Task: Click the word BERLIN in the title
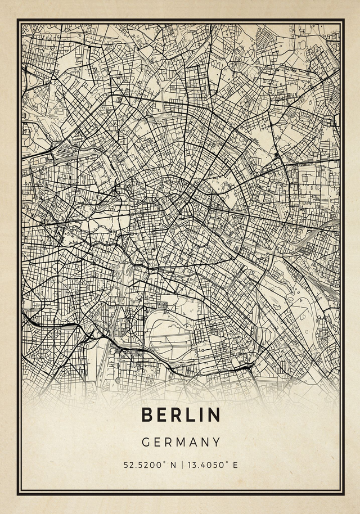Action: pyautogui.click(x=181, y=414)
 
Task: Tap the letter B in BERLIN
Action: pyautogui.click(x=147, y=414)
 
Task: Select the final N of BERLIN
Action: pyautogui.click(x=214, y=414)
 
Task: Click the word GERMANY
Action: pyautogui.click(x=181, y=443)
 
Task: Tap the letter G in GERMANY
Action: pyautogui.click(x=145, y=443)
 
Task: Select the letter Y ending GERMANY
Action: pyautogui.click(x=216, y=443)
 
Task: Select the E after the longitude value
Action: pyautogui.click(x=235, y=465)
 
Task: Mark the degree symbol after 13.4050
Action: pyautogui.click(x=228, y=463)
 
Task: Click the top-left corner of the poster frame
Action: pyautogui.click(x=18, y=20)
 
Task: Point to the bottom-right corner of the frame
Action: pyautogui.click(x=343, y=494)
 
